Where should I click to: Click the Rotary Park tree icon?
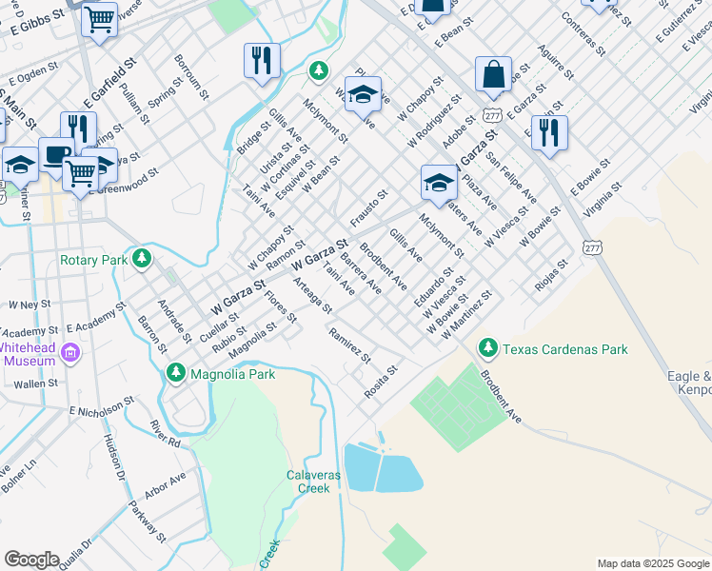[142, 259]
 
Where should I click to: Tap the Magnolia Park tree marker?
[175, 374]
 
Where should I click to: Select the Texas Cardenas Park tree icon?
[488, 349]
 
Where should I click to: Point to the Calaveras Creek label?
[307, 482]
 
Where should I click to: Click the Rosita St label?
[380, 381]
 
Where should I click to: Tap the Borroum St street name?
[190, 76]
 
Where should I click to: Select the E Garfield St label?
[110, 81]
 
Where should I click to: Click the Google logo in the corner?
[31, 560]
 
